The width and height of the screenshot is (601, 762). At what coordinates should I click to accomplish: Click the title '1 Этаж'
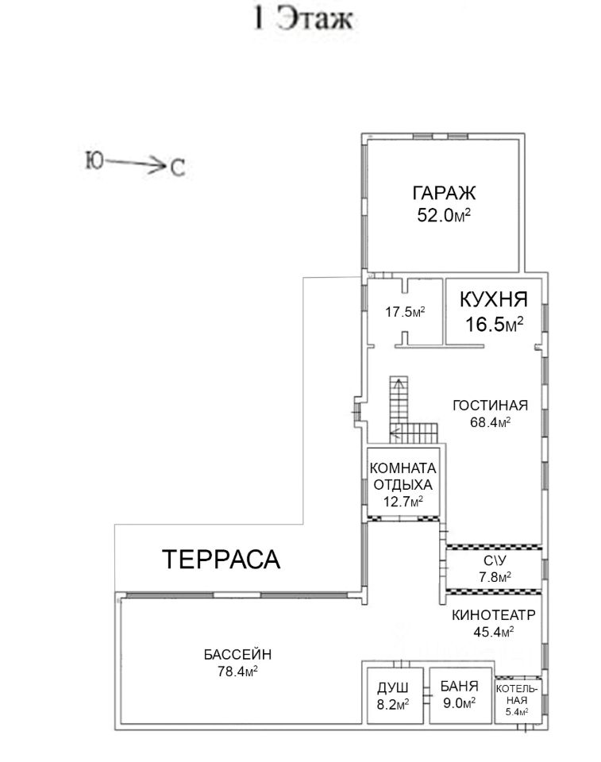[303, 19]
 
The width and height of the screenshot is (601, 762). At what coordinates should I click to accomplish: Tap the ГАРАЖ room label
[444, 193]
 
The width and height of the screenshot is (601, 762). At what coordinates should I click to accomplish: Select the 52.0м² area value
[444, 214]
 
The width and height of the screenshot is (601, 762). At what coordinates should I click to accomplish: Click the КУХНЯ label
[494, 299]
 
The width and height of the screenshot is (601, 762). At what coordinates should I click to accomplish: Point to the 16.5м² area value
[494, 324]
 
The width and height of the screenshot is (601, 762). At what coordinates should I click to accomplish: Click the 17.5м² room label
[405, 311]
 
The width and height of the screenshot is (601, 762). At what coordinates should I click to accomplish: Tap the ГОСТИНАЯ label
[490, 406]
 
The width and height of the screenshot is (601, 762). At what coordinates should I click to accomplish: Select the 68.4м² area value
[490, 421]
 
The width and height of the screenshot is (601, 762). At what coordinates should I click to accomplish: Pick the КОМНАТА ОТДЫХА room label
[403, 477]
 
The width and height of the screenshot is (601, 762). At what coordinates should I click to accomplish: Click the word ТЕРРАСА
[221, 559]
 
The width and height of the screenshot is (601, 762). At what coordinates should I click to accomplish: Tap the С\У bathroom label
[495, 560]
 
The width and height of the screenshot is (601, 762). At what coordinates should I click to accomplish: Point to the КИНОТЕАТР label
[494, 614]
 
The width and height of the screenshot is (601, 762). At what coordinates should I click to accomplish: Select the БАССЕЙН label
[237, 654]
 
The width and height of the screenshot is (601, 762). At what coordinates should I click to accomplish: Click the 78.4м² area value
[237, 672]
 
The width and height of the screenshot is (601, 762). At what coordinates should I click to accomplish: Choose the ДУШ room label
[393, 687]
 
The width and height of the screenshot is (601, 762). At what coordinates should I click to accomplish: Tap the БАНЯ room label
[460, 686]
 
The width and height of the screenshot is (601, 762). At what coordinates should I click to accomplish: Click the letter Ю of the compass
[94, 161]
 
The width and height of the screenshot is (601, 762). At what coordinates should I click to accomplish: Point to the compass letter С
[178, 168]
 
